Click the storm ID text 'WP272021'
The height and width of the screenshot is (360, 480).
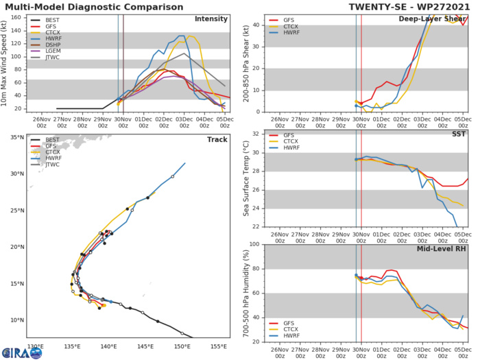coord(449,5)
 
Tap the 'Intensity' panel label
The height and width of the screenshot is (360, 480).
coord(211,19)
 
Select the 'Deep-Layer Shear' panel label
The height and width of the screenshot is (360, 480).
coord(433,19)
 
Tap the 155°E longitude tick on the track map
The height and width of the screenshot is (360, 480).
coord(218,347)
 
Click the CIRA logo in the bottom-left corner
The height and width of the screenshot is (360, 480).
coord(21,352)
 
